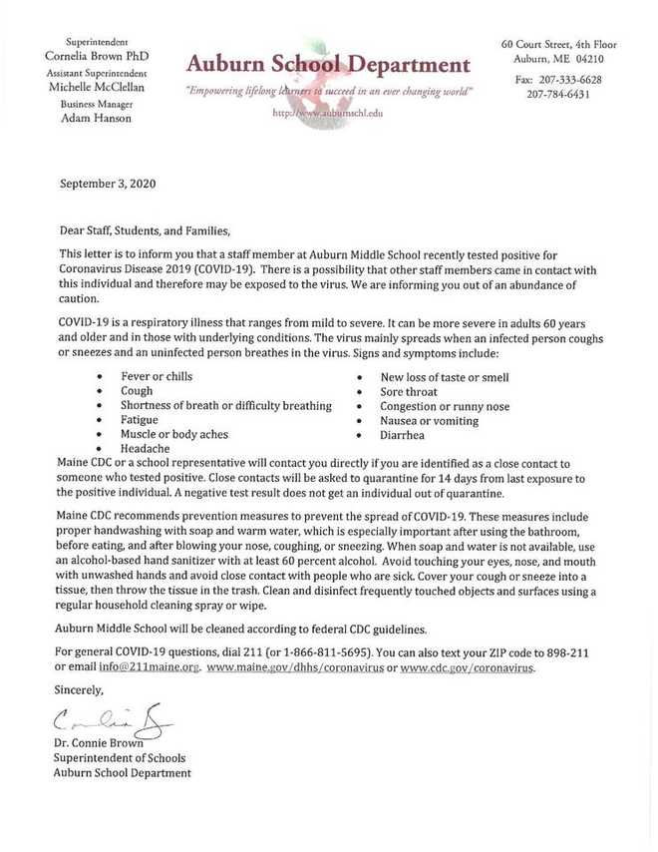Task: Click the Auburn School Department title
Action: click(328, 66)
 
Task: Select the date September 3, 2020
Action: click(108, 184)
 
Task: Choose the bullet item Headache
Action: click(146, 449)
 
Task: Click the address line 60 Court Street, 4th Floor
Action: click(558, 46)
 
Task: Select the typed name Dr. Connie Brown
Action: click(101, 743)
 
